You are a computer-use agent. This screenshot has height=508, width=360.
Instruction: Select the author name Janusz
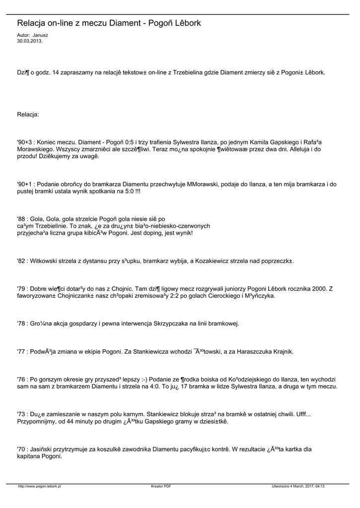coord(40,36)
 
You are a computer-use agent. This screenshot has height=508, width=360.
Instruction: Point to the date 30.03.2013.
coord(30,41)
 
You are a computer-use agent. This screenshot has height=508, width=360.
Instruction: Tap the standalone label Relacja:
coord(28,115)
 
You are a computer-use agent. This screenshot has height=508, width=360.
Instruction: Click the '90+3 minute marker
coord(25,141)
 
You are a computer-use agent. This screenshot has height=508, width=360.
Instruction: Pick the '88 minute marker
coord(22,218)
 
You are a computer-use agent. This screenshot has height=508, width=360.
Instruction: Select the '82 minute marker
coord(22,260)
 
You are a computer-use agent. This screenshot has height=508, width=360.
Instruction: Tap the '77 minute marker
coord(22,352)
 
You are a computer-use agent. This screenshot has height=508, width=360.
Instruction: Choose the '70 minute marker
coord(22,449)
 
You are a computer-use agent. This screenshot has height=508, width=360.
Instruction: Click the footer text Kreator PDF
coord(161,486)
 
